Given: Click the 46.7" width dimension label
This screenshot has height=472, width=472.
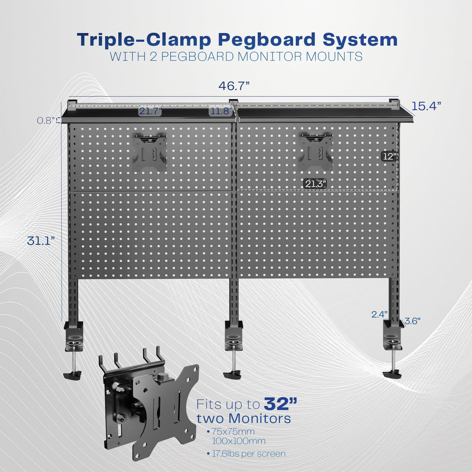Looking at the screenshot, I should pyautogui.click(x=234, y=86).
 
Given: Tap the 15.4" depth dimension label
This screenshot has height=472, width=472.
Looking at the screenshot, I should pyautogui.click(x=426, y=106).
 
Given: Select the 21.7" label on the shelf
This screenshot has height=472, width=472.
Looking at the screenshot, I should pyautogui.click(x=150, y=112).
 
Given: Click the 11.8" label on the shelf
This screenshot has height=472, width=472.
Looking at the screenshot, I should pyautogui.click(x=220, y=112).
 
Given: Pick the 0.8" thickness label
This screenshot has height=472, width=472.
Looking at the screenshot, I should pyautogui.click(x=47, y=121).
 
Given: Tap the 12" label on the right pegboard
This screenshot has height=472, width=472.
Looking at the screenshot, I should pyautogui.click(x=389, y=156).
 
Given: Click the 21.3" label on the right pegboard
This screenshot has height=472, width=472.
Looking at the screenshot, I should pyautogui.click(x=315, y=184).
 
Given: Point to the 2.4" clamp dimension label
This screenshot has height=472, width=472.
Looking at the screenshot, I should pyautogui.click(x=379, y=314).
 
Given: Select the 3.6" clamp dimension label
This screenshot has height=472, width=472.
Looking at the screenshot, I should pyautogui.click(x=412, y=321).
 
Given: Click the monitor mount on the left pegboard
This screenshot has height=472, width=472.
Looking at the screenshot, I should pyautogui.click(x=149, y=153).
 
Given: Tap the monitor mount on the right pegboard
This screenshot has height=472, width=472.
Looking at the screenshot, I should pyautogui.click(x=315, y=152).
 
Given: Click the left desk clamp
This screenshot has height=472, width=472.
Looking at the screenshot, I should pyautogui.click(x=73, y=342).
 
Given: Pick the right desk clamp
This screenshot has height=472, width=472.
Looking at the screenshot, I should pyautogui.click(x=393, y=342).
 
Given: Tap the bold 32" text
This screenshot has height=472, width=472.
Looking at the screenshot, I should pyautogui.click(x=280, y=404).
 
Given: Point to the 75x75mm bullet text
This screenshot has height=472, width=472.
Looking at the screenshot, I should pyautogui.click(x=233, y=432).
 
